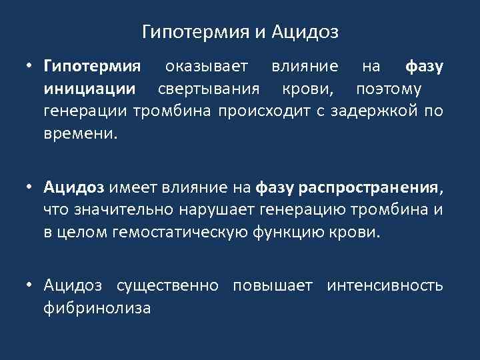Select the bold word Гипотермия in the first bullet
(92, 67)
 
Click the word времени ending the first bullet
(79, 133)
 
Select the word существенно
(167, 287)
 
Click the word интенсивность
(385, 287)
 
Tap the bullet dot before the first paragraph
(30, 67)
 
